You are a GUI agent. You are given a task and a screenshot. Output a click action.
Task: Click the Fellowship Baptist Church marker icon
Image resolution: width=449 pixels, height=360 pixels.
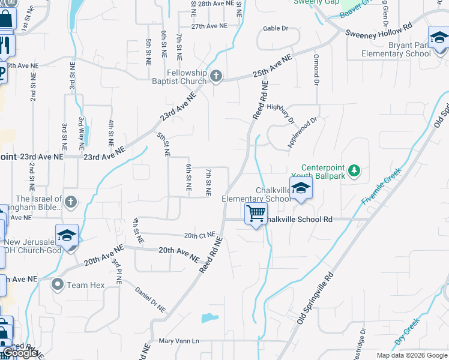(217, 76)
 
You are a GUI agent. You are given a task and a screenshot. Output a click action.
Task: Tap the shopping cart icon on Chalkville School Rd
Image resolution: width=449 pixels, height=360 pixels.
(256, 213)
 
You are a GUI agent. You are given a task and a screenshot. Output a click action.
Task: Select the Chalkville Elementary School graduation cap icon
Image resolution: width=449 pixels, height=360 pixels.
(301, 188)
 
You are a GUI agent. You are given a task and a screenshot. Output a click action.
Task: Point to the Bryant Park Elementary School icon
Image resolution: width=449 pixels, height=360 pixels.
(439, 38)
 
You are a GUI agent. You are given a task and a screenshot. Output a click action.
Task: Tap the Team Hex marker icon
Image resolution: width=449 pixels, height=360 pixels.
(58, 284)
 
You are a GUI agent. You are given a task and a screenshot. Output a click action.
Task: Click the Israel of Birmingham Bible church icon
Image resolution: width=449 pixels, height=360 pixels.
(71, 201)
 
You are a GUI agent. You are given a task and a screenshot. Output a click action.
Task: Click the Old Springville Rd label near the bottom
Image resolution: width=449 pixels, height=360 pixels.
(315, 300)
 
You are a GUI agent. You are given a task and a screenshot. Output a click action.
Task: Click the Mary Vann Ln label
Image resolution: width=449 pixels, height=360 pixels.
(178, 341)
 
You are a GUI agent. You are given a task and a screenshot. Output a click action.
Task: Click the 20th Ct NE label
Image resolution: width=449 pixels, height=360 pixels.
(199, 235)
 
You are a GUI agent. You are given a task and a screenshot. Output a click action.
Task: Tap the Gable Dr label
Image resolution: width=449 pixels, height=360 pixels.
(276, 28)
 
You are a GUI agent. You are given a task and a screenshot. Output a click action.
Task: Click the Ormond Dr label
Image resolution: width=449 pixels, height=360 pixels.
(316, 70)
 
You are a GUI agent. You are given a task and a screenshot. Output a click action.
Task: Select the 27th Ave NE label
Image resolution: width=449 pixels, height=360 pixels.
(209, 26)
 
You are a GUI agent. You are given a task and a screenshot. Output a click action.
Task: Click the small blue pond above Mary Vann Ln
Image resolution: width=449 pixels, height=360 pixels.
(209, 318)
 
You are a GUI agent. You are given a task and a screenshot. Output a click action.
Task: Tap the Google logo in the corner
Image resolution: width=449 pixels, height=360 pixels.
(19, 353)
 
